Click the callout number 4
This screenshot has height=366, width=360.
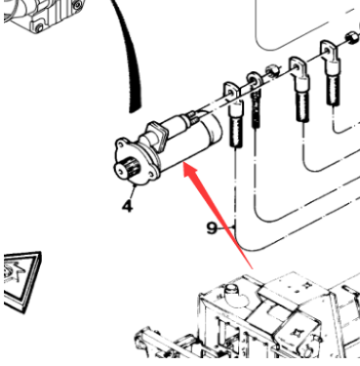coord(128,206)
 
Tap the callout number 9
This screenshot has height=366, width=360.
coord(212,228)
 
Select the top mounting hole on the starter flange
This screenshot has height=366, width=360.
coord(123,142)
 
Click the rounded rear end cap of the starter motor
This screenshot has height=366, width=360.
coord(212,129)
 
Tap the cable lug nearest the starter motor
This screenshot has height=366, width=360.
coord(233,114)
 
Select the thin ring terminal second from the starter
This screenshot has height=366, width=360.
coord(256,98)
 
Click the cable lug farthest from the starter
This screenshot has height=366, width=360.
coord(331,71)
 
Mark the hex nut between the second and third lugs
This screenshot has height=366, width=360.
coord(271,70)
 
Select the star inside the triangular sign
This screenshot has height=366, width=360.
coord(13,270)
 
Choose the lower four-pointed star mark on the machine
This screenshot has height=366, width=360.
coord(298,333)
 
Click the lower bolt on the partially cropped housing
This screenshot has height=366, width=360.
coord(39,27)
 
